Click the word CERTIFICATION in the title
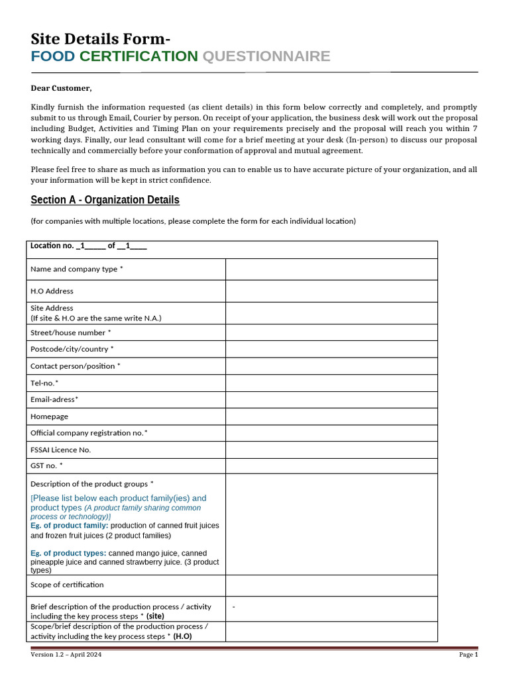click(x=139, y=56)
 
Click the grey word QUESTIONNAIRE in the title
click(x=266, y=56)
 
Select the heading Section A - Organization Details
click(x=105, y=200)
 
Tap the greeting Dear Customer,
click(x=62, y=88)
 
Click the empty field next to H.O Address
click(x=331, y=291)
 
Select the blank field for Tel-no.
click(x=331, y=383)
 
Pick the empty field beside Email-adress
click(x=331, y=399)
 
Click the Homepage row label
click(x=49, y=416)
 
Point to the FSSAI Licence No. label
click(x=60, y=450)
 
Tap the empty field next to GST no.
click(x=331, y=466)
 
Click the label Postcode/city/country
click(x=72, y=349)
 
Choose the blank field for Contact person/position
click(x=331, y=366)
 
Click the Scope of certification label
click(x=67, y=585)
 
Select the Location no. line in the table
click(x=88, y=246)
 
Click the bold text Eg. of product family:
click(x=70, y=525)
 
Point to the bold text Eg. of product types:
click(x=68, y=553)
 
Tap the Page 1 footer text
click(x=468, y=655)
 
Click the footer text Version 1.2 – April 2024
click(x=66, y=655)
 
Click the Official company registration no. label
click(x=89, y=433)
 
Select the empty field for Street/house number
click(x=331, y=332)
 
